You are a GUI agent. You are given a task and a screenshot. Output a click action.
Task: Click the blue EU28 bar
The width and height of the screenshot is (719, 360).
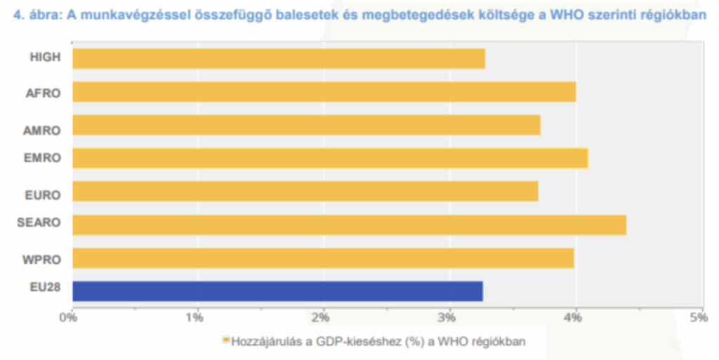pyautogui.click(x=277, y=291)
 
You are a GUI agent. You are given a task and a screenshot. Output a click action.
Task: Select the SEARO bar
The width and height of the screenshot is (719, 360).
pyautogui.click(x=349, y=225)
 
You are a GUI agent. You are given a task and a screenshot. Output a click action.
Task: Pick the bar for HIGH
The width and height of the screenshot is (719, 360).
pyautogui.click(x=278, y=58)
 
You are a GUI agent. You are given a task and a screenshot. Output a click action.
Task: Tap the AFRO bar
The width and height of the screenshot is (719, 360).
pyautogui.click(x=324, y=92)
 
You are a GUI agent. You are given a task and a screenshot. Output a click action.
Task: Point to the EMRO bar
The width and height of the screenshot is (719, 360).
pyautogui.click(x=329, y=158)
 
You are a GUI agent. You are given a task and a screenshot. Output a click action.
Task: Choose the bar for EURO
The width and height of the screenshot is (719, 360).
pyautogui.click(x=305, y=191)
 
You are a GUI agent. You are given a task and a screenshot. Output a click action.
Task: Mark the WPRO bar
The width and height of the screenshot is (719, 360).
pyautogui.click(x=323, y=258)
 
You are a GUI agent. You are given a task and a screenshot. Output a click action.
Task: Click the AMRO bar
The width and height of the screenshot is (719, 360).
pyautogui.click(x=306, y=125)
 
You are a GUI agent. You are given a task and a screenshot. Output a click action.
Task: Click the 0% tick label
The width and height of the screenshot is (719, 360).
pyautogui.click(x=68, y=316)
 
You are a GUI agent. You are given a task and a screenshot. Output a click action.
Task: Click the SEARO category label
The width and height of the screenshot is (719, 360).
pyautogui.click(x=39, y=223)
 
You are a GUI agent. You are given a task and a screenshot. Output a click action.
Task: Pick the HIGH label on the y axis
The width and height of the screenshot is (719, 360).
pyautogui.click(x=46, y=57)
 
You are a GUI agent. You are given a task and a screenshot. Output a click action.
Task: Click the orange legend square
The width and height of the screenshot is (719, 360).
pyautogui.click(x=226, y=340)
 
